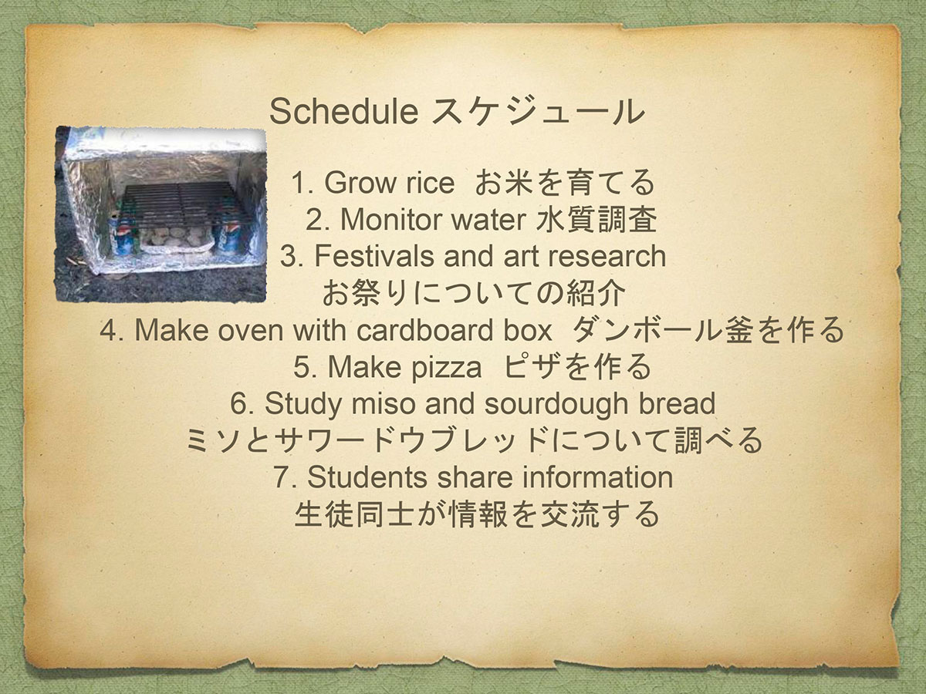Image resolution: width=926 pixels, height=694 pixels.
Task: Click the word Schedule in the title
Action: point(344,111)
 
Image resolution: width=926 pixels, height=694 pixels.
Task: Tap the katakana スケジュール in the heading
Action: point(539,112)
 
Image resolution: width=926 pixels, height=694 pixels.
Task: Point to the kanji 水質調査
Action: point(596,219)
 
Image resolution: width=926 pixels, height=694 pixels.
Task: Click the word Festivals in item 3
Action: point(374,256)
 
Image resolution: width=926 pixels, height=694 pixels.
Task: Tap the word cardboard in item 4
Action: point(425,330)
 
